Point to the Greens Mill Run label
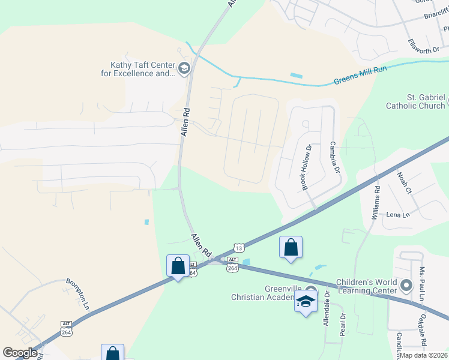click(360, 76)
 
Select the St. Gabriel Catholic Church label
click(417, 101)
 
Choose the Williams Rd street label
click(376, 202)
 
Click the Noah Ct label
click(403, 183)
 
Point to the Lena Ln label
click(397, 215)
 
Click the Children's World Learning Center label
click(366, 286)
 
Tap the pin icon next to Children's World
click(406, 285)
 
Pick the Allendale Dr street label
click(326, 308)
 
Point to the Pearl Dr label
click(342, 325)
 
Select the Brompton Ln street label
click(77, 293)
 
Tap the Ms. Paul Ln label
click(423, 284)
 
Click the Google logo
click(20, 353)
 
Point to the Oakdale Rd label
click(423, 331)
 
